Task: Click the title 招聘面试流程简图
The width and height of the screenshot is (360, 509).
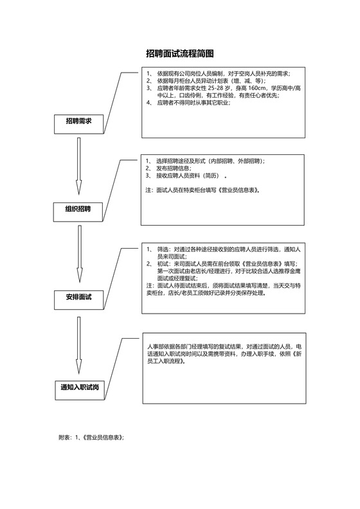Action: [x=179, y=54]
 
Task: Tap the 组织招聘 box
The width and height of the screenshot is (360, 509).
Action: [x=78, y=209]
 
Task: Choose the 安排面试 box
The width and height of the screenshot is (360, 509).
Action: [x=78, y=297]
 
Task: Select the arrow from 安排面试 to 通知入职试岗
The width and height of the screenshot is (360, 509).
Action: [x=78, y=341]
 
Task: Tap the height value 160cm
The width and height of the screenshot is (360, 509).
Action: [x=262, y=87]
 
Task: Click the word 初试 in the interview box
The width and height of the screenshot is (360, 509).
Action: [x=162, y=263]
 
